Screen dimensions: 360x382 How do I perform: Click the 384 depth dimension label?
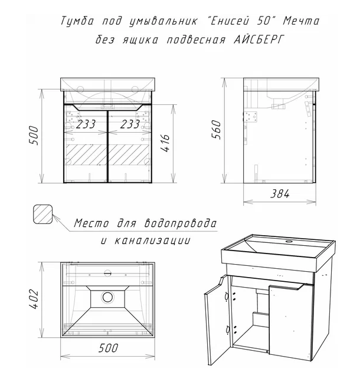coord(280,194)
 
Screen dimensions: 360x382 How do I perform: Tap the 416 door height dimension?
coord(165,143)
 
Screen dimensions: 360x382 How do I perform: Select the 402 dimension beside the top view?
coord(34,299)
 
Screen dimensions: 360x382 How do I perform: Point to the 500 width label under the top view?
coord(108,348)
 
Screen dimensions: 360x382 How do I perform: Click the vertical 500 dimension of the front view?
coord(34,136)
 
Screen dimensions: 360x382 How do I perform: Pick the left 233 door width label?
coord(86,124)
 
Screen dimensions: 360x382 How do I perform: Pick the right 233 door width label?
coord(130,124)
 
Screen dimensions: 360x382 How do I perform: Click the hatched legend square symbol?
coord(42,214)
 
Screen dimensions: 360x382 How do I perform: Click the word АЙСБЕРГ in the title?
coord(259,39)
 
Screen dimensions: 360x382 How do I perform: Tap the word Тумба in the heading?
coord(77,21)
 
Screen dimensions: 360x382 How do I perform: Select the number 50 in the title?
coord(264,21)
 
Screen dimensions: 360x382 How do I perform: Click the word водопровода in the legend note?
coord(180,223)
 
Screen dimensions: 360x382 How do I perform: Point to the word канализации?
coord(152,241)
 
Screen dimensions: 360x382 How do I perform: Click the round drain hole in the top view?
coord(107,297)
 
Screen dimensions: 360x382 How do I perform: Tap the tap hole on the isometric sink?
coord(290,242)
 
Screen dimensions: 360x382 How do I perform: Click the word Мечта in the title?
coord(301,21)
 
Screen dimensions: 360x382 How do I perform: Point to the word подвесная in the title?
coord(196,39)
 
